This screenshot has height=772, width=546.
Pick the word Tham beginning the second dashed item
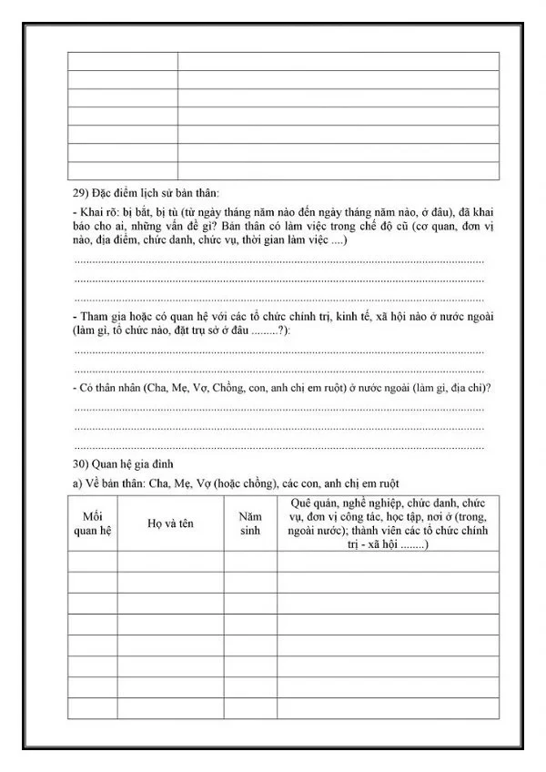[95, 316]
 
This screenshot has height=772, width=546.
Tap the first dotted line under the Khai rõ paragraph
[278, 261]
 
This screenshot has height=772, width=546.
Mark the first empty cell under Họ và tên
[170, 562]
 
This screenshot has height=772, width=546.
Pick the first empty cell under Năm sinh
[250, 562]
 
